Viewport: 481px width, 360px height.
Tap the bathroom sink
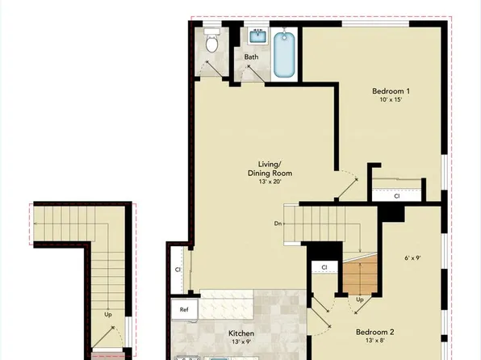point(258,36)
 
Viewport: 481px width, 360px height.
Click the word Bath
point(252,57)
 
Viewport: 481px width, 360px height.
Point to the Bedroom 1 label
point(391,90)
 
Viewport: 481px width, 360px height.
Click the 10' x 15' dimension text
point(391,100)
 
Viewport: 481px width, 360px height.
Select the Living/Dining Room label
point(270,168)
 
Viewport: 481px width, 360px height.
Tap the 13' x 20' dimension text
point(270,182)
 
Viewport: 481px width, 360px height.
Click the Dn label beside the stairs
point(278,224)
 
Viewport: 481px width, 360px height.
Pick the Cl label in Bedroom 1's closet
point(397,195)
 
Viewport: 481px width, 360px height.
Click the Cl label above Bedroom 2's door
point(324,267)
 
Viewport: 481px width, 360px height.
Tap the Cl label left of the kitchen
point(178,271)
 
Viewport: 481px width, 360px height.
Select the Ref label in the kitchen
point(184,309)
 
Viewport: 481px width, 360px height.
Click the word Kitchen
point(241,333)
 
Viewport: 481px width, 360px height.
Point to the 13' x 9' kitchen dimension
point(241,343)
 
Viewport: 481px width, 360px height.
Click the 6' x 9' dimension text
point(414,259)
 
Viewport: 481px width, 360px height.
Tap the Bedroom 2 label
point(374,332)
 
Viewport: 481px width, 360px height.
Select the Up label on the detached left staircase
point(107,314)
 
